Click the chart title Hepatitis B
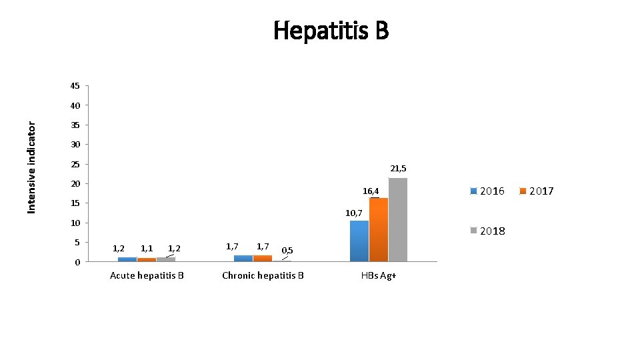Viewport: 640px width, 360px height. tap(331, 30)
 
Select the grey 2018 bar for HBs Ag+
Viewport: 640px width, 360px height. tap(398, 219)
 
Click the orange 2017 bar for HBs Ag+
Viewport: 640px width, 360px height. tap(379, 229)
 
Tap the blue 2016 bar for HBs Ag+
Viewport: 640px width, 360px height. tap(359, 241)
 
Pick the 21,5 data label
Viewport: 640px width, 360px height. tap(398, 169)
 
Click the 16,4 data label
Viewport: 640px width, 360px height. tap(371, 191)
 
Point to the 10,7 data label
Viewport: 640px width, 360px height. tap(353, 213)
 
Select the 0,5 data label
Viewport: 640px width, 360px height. tap(287, 251)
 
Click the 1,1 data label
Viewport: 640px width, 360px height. tap(147, 249)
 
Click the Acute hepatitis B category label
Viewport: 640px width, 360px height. tap(147, 275)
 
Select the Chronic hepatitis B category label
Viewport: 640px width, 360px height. tap(263, 275)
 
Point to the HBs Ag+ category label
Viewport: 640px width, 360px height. tap(379, 275)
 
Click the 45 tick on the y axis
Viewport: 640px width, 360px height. tap(75, 86)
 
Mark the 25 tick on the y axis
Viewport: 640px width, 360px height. tap(75, 164)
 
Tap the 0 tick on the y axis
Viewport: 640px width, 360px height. tap(77, 262)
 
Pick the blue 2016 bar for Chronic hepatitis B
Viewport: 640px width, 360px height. tap(243, 258)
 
